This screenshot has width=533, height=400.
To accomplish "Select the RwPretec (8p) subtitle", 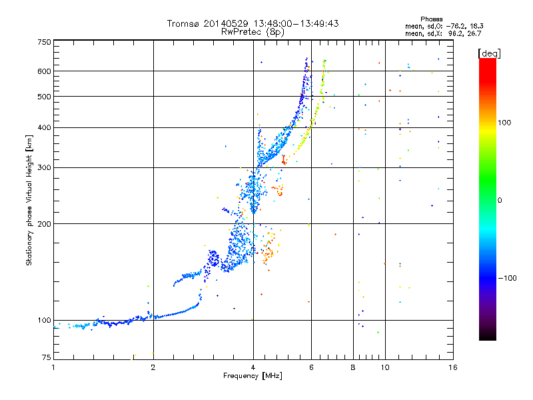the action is (x=253, y=32).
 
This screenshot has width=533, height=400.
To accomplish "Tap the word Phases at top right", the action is (x=431, y=19).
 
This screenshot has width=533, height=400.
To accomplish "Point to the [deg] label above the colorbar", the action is (x=489, y=53).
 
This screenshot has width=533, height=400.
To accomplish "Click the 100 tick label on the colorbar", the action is (x=504, y=123).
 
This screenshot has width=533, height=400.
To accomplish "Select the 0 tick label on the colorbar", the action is (x=500, y=200).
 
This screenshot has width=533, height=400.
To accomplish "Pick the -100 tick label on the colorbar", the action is (x=507, y=278).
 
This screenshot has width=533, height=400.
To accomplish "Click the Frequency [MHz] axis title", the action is (x=253, y=376).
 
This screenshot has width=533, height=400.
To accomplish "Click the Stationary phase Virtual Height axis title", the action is (x=29, y=200).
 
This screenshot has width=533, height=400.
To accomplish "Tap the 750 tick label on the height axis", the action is (x=45, y=42).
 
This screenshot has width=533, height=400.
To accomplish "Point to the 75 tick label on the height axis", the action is (x=47, y=357).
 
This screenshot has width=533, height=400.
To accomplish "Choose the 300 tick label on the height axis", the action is (x=45, y=167).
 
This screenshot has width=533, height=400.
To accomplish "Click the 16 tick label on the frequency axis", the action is (x=453, y=367).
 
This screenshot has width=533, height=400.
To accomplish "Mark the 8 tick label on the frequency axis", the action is (x=353, y=367).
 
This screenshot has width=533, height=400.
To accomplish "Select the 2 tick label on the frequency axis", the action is (x=153, y=367).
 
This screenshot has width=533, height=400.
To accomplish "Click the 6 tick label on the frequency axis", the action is (x=311, y=367).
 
